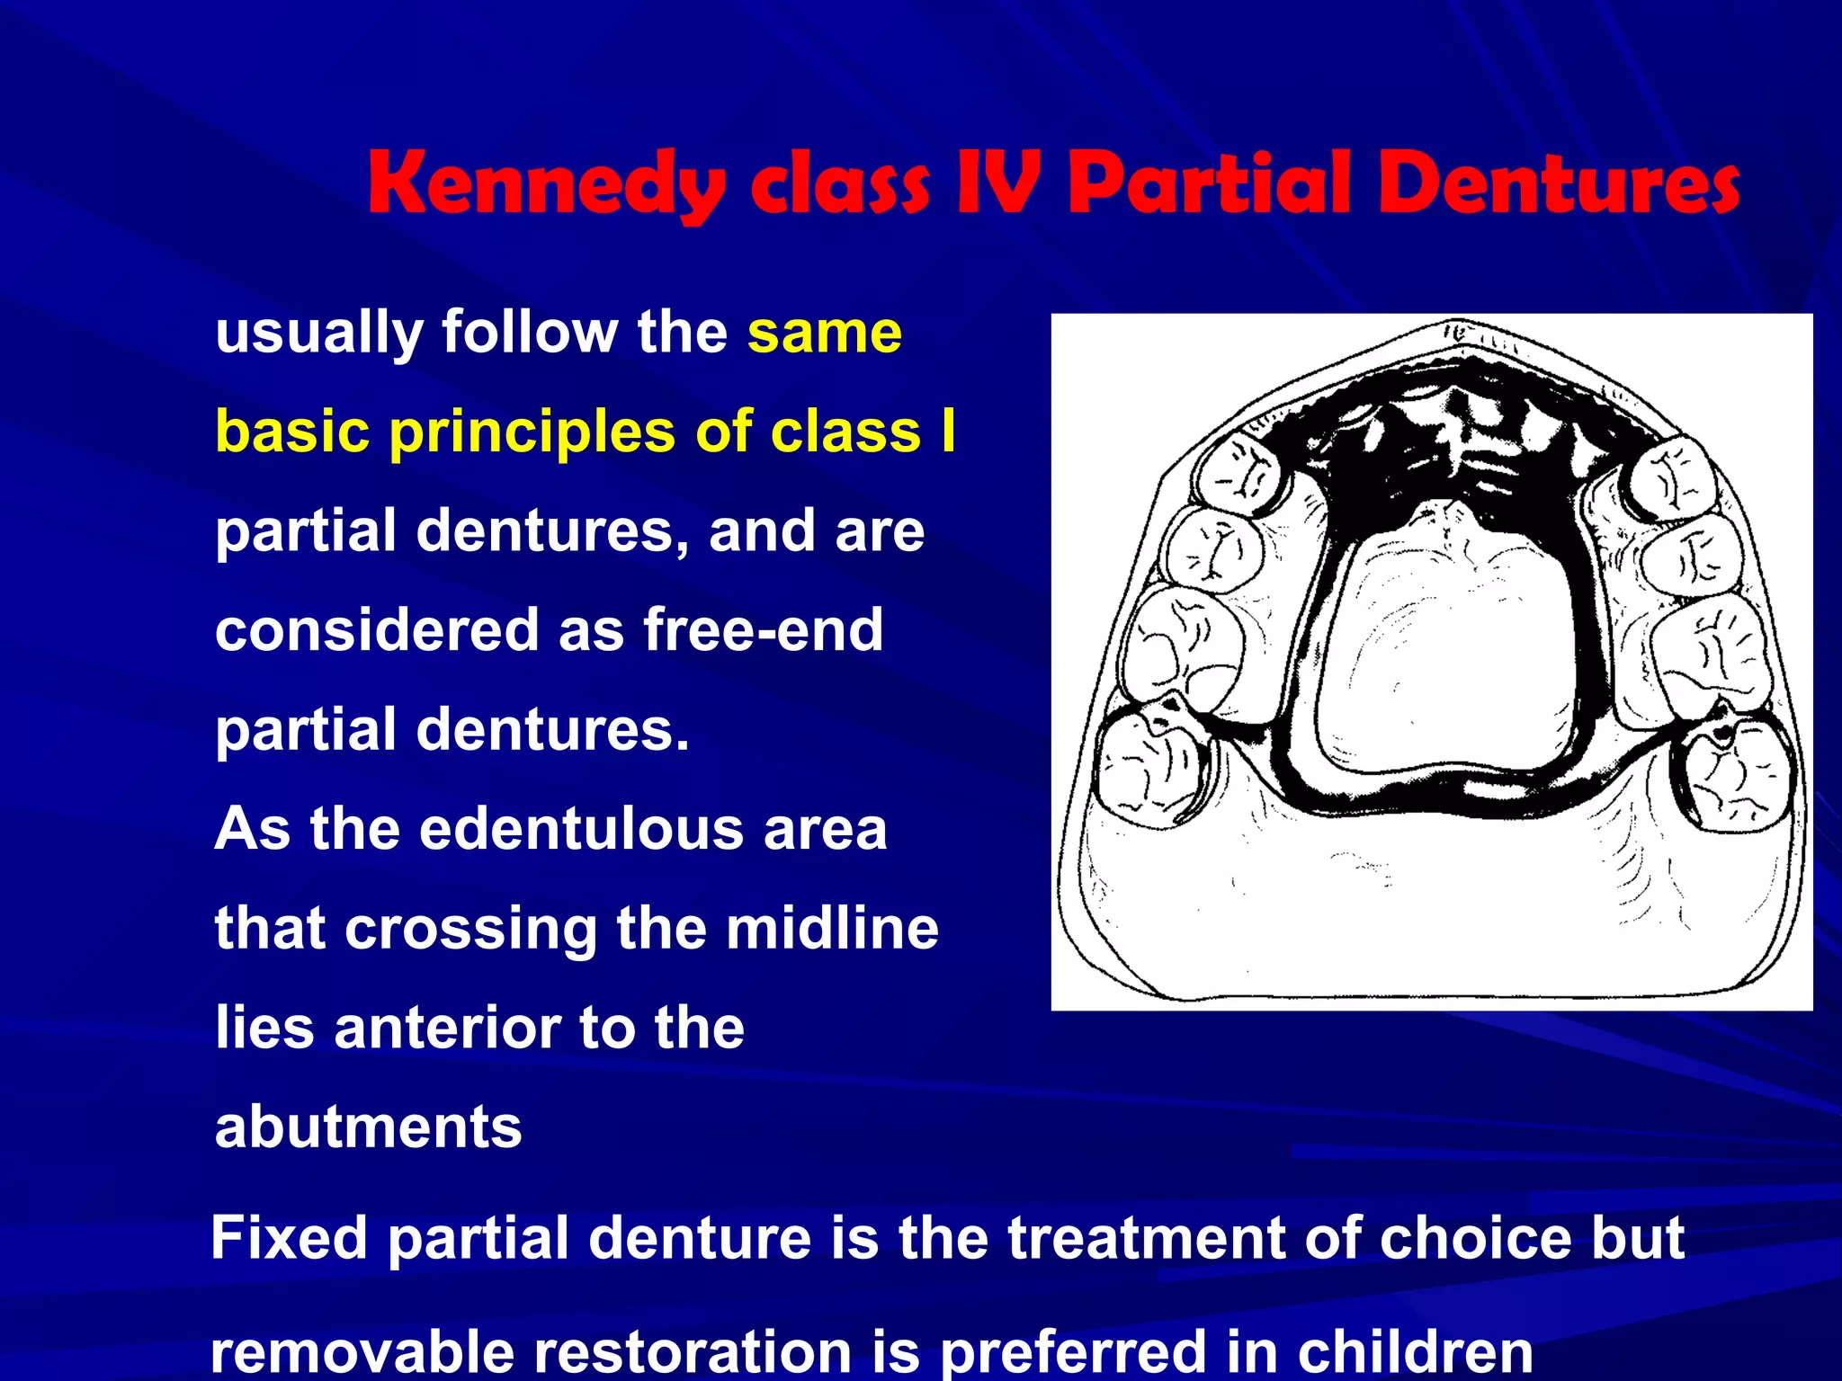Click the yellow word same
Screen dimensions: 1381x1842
click(824, 333)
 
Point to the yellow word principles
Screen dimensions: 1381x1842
click(532, 432)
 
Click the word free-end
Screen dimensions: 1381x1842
click(763, 629)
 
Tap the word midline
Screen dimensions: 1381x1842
click(832, 928)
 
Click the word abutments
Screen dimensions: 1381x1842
click(368, 1127)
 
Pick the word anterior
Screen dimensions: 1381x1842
click(446, 1027)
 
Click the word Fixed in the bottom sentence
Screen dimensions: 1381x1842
click(289, 1238)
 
